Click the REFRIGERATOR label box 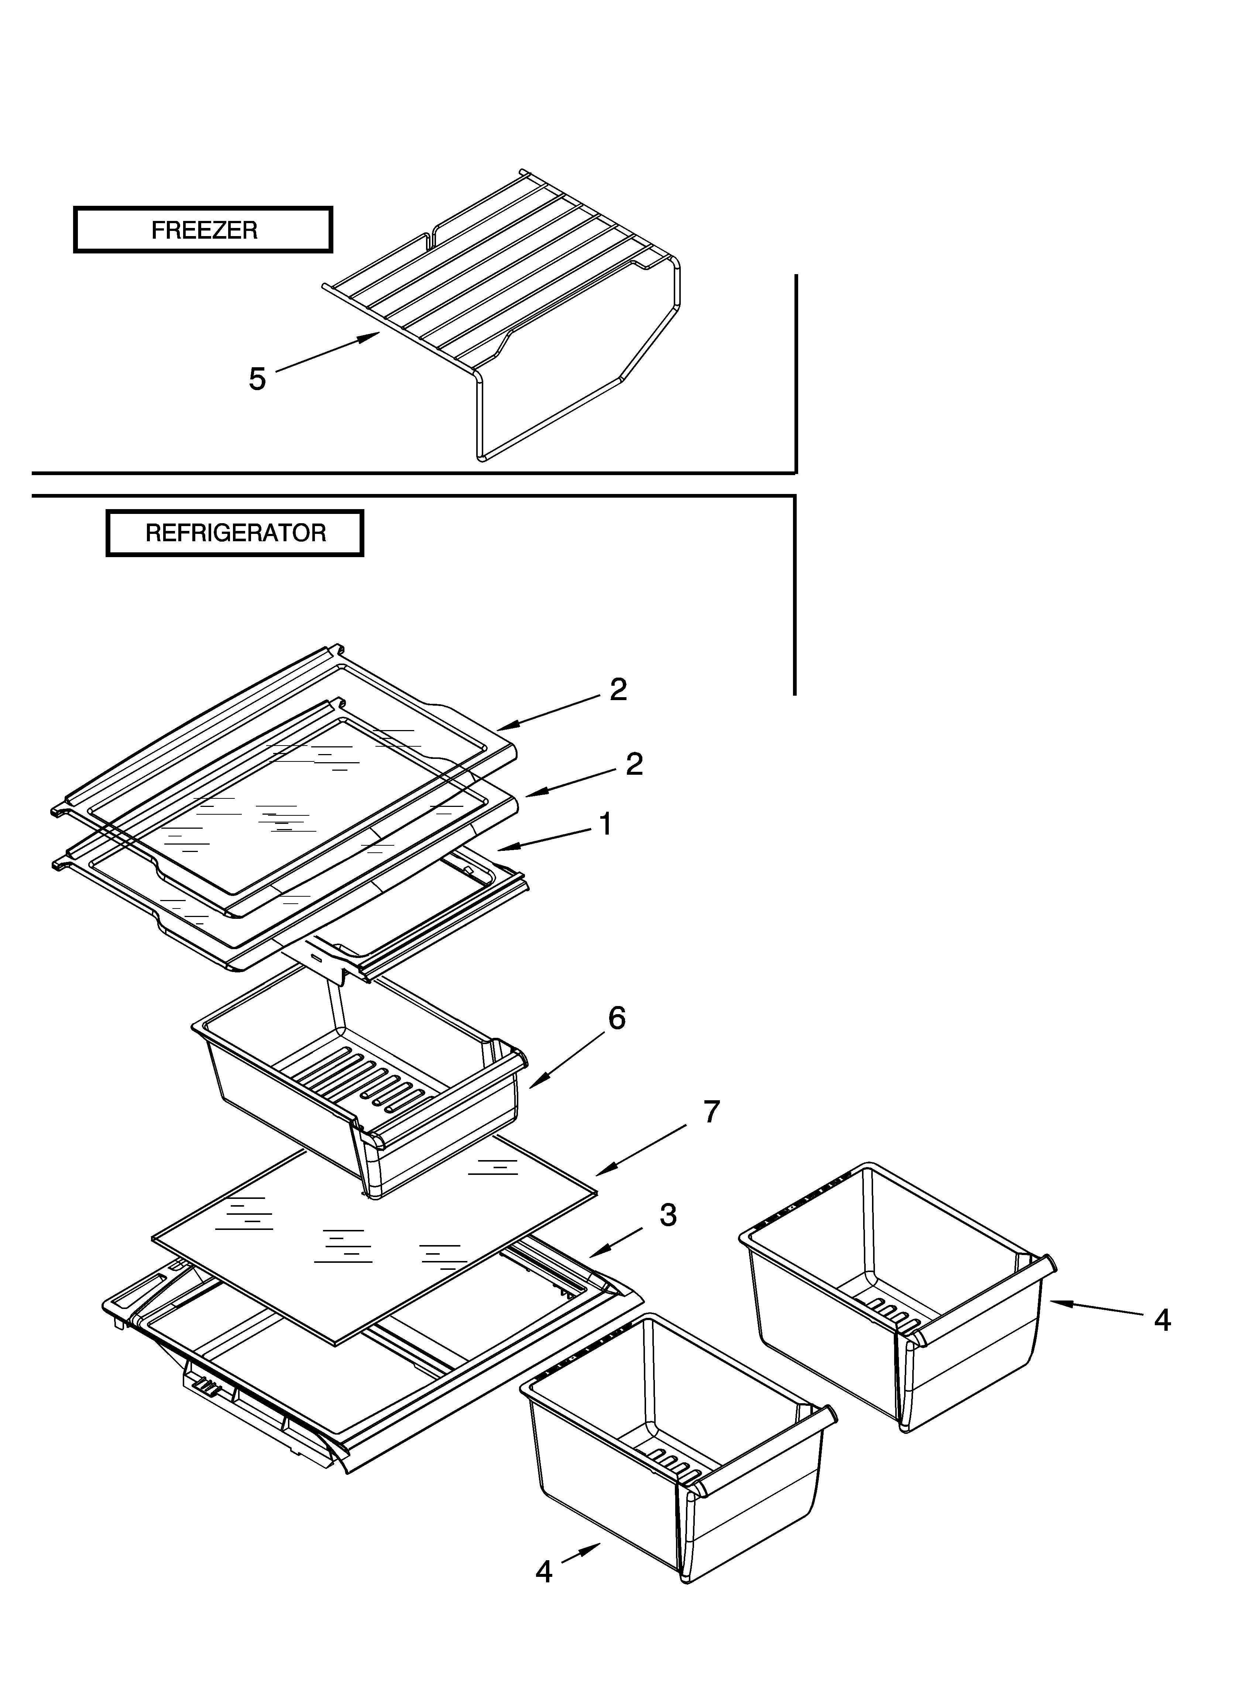235,533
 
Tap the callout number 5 257,379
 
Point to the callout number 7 711,1112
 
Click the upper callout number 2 618,690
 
